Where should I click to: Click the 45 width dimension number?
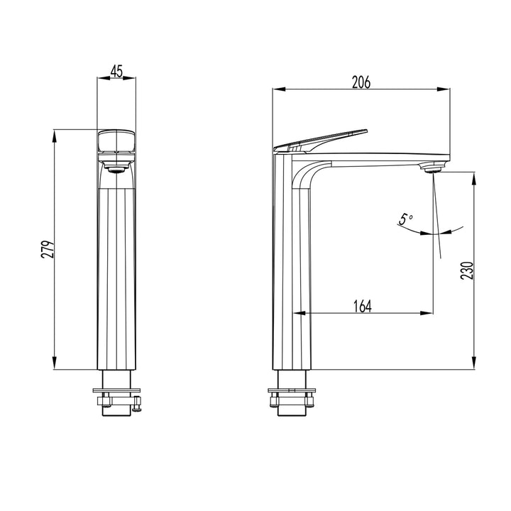116,71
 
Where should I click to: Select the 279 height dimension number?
48,249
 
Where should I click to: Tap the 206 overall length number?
361,82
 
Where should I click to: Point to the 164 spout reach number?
362,306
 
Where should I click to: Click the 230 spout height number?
466,270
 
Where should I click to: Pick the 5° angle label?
405,220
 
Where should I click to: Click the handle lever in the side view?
323,141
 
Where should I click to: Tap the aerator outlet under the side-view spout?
431,168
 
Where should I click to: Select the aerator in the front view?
116,167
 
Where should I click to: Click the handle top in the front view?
116,140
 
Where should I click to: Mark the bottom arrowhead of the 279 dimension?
55,365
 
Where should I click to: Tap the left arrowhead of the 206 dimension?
278,89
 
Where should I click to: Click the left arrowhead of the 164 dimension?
298,312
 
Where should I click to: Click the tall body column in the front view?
116,277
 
